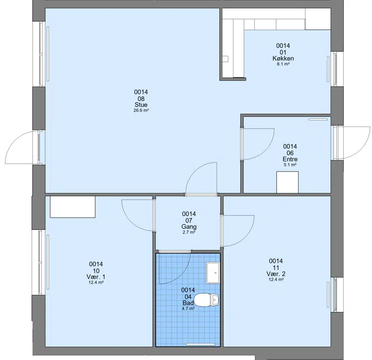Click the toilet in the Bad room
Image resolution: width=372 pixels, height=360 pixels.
click(x=206, y=300)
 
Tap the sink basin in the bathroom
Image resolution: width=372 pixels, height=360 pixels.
click(x=213, y=273)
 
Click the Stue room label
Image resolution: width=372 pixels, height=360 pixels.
click(x=141, y=105)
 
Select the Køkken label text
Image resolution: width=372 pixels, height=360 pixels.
click(x=283, y=58)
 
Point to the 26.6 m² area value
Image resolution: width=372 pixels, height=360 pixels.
click(x=141, y=110)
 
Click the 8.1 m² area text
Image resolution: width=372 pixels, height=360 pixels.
click(x=283, y=64)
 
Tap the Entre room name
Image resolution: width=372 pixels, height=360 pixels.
click(x=290, y=159)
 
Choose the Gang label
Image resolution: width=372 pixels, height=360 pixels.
click(x=189, y=227)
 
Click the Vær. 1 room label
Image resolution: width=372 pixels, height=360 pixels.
click(x=96, y=277)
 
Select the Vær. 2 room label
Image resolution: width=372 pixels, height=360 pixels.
click(x=276, y=273)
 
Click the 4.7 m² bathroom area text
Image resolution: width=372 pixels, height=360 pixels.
click(x=188, y=308)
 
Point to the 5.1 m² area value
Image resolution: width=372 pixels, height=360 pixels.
click(x=290, y=165)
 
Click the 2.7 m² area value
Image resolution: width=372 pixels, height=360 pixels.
click(x=189, y=233)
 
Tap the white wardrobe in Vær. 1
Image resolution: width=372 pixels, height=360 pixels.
click(x=73, y=207)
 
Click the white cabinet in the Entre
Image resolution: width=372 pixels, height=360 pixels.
click(x=287, y=182)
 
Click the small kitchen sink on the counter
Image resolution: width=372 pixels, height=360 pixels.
click(x=225, y=59)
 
